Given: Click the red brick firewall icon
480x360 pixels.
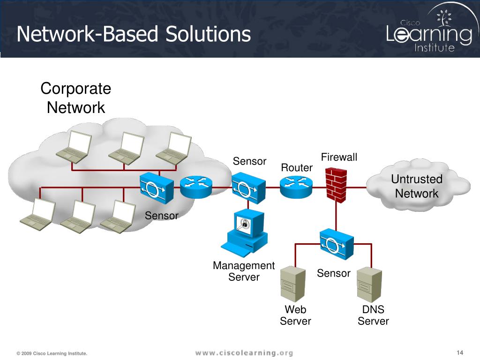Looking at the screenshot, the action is (336, 185).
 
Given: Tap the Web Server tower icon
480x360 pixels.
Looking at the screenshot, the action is (293, 284).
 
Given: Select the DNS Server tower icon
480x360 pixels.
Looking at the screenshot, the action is (369, 285).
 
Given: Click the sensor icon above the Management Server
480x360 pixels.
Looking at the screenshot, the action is (248, 187).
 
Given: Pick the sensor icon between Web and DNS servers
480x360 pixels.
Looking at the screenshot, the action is (337, 244).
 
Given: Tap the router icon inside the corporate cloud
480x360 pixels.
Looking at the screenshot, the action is (196, 187).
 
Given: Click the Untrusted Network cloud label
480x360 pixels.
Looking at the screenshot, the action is (417, 186).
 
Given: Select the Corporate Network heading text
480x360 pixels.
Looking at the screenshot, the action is (75, 98).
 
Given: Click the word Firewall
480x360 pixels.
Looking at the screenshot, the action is (339, 157).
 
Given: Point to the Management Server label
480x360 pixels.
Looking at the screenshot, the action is (244, 271).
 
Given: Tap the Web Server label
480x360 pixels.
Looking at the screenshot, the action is (295, 315).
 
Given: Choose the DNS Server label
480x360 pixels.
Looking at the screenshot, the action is (373, 315).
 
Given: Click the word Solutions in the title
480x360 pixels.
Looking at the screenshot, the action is (208, 34).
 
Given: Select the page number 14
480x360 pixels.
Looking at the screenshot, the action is (460, 352).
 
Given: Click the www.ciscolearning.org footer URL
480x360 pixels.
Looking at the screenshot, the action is (244, 353).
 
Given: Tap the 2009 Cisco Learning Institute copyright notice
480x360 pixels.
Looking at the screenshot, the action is (52, 353).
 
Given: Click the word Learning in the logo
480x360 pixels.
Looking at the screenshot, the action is (429, 34).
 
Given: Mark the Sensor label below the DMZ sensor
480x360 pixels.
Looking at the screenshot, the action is (334, 273).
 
